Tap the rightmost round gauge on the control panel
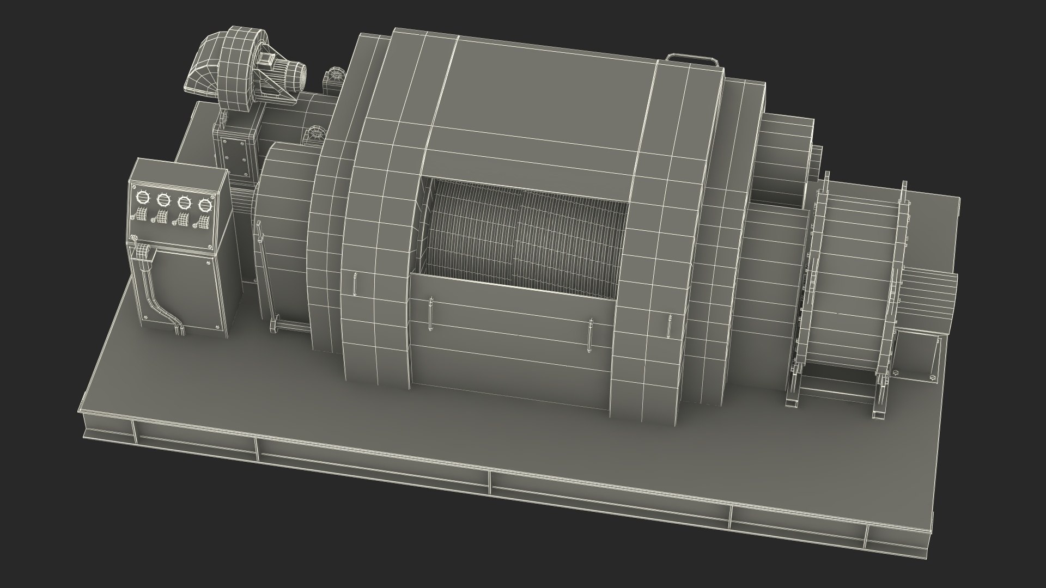(205, 205)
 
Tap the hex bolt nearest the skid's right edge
(932, 377)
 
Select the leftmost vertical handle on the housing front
(355, 284)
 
